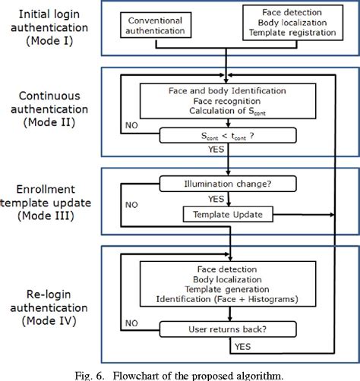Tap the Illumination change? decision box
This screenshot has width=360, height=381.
coord(228,182)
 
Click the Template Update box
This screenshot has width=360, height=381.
coord(228,215)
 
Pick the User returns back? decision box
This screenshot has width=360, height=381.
coord(228,330)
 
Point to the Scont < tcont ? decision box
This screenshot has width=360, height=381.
coord(228,137)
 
